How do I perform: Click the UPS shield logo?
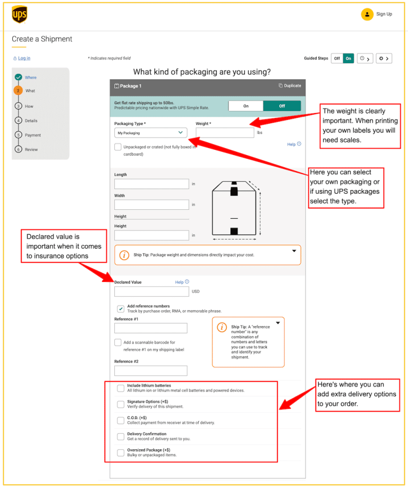pos(19,15)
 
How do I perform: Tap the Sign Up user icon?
pos(367,14)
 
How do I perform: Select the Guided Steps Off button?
pos(337,58)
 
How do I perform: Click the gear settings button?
pos(385,58)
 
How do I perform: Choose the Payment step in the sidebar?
pos(32,135)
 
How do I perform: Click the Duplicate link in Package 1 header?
pos(290,85)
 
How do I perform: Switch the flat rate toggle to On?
pos(246,106)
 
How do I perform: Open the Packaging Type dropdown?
pos(151,133)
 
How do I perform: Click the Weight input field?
pos(225,133)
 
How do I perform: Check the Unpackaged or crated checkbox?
pos(118,147)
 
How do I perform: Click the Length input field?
pos(151,184)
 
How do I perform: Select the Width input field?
pos(151,204)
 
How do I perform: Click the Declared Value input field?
pos(151,292)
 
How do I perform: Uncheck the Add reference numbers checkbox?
pos(121,308)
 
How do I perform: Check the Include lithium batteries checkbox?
pos(121,388)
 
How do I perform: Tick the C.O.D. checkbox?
pos(121,421)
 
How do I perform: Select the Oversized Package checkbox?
pos(121,452)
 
